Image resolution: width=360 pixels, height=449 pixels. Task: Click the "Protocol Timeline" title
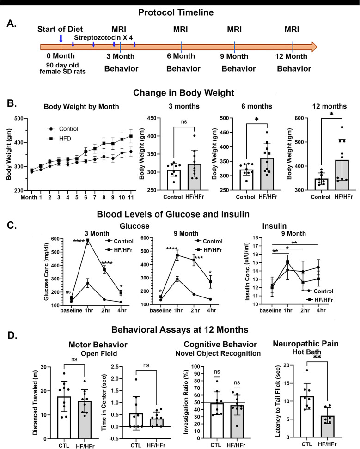(180, 12)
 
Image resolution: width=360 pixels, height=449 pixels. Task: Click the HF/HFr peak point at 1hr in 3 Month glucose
(88, 240)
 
